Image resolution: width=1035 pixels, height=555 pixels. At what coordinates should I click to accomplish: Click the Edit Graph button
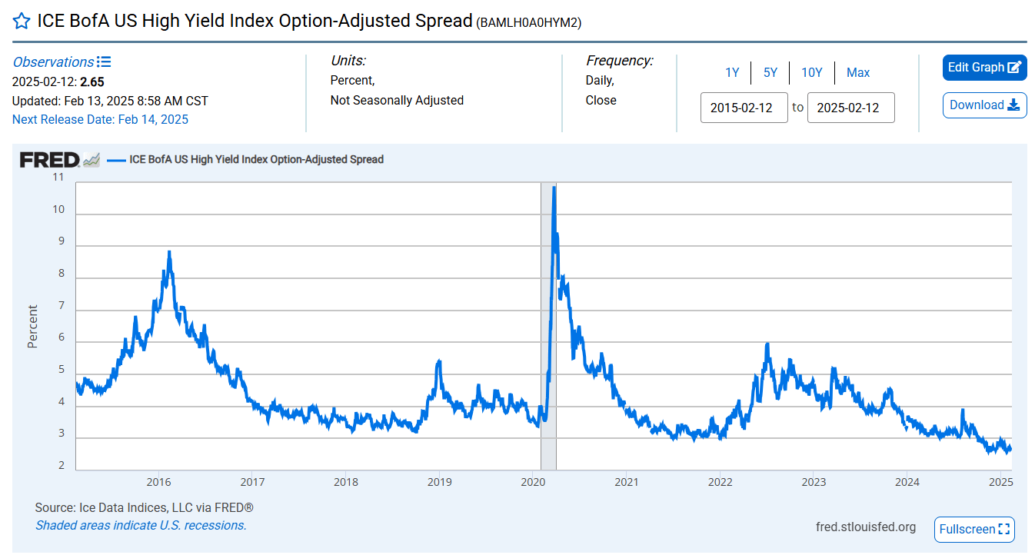[x=984, y=68]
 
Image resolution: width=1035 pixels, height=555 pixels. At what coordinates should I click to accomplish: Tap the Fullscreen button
[x=974, y=529]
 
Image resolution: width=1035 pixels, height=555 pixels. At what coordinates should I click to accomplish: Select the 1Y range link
[x=732, y=72]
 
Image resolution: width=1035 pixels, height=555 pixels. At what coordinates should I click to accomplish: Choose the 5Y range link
[x=770, y=72]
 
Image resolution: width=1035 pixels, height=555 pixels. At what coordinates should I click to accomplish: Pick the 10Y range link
[x=812, y=72]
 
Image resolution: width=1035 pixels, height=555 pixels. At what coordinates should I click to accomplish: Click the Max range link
[x=858, y=72]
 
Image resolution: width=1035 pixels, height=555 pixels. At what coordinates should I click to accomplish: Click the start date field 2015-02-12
[x=744, y=108]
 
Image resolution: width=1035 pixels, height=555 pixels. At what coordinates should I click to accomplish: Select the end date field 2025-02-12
[x=850, y=108]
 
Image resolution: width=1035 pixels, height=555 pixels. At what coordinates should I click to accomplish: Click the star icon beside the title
[x=22, y=22]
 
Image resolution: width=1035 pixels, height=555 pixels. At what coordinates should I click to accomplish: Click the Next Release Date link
[x=100, y=119]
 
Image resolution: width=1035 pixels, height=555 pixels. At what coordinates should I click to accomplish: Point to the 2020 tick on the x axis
[x=533, y=482]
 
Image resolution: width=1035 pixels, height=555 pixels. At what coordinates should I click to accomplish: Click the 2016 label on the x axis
[x=158, y=482]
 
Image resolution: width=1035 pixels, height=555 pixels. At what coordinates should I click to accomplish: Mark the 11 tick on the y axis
[x=58, y=177]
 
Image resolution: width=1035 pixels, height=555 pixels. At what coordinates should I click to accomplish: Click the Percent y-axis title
[x=32, y=327]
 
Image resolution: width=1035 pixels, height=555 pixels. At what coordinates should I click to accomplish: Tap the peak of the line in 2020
[x=554, y=187]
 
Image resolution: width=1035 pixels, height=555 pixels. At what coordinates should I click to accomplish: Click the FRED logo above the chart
[x=50, y=160]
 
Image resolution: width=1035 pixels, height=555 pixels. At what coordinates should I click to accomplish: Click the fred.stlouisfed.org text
[x=866, y=527]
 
